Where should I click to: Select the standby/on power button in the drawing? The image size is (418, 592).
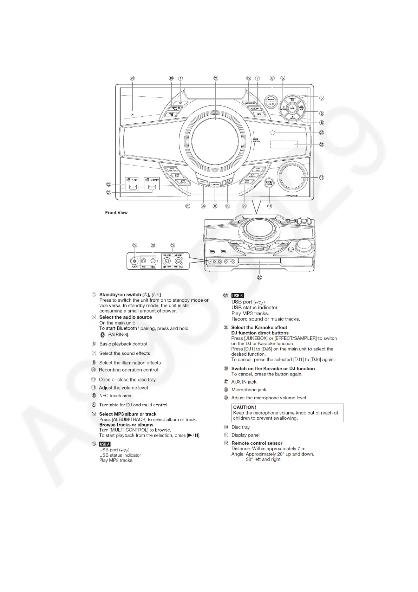pyautogui.click(x=180, y=102)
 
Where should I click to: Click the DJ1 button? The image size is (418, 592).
pyautogui.click(x=172, y=169)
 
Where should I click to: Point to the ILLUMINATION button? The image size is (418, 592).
pyautogui.click(x=215, y=184)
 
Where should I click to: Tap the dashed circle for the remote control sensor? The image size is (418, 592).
pyautogui.click(x=273, y=133)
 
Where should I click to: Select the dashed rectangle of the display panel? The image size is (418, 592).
pyautogui.click(x=284, y=144)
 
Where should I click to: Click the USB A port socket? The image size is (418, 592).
pyautogui.click(x=132, y=187)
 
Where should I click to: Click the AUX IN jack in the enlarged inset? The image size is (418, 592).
pyautogui.click(x=135, y=261)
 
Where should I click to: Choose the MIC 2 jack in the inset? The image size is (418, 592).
pyautogui.click(x=153, y=261)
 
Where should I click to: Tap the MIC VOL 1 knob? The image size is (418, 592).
pyautogui.click(x=167, y=261)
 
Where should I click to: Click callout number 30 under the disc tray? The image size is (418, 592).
pyautogui.click(x=259, y=277)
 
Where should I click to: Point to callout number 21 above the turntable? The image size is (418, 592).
pyautogui.click(x=216, y=78)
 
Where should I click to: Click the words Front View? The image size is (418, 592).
pyautogui.click(x=116, y=213)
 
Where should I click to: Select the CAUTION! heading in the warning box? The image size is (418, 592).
pyautogui.click(x=244, y=407)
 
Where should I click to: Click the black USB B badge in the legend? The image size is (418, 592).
pyautogui.click(x=237, y=296)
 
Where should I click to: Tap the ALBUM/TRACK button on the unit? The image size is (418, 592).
pyautogui.click(x=250, y=103)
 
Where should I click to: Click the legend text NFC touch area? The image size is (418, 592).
pyautogui.click(x=115, y=396)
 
